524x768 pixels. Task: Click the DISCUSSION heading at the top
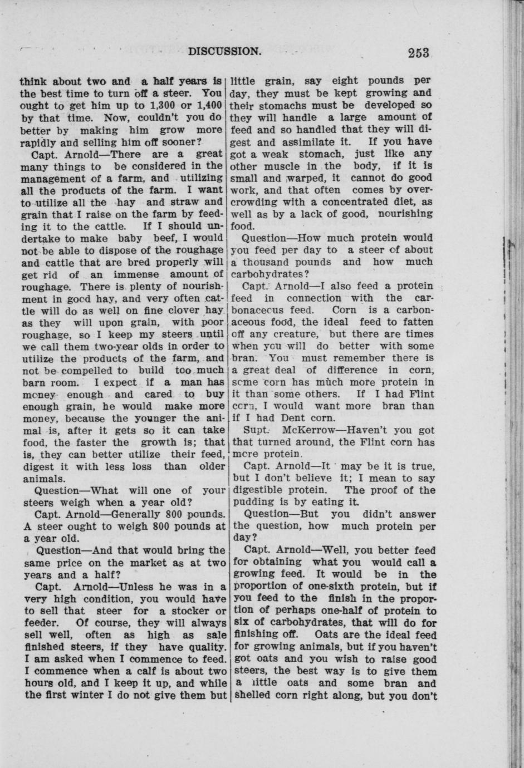pyautogui.click(x=224, y=52)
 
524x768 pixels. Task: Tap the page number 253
pyautogui.click(x=418, y=53)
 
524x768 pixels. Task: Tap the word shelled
pyautogui.click(x=250, y=695)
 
